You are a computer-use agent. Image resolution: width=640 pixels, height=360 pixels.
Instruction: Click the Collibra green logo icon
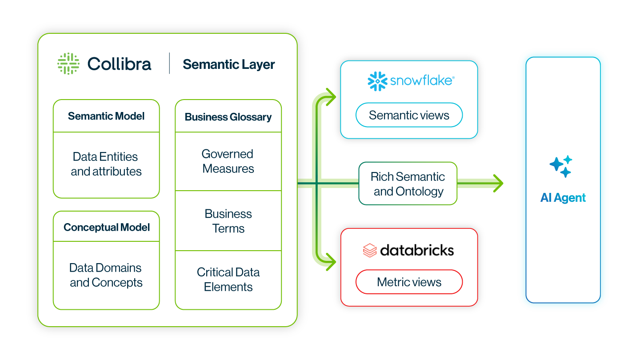coord(68,64)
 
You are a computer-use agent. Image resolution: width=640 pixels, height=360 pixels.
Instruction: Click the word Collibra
coord(119,64)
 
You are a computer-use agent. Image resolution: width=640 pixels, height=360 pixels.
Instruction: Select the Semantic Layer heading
coord(228,64)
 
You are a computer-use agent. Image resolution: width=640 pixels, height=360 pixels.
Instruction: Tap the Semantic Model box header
coord(106,116)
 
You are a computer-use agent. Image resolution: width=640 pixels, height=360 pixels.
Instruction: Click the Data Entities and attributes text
coord(106,164)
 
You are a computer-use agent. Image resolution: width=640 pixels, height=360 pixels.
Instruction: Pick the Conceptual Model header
coord(106,227)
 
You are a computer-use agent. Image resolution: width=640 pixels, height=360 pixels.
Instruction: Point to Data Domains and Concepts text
coord(106,275)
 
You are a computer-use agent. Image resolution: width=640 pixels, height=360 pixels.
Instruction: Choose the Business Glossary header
coord(228,117)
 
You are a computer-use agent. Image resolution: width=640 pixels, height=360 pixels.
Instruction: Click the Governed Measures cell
coord(228,161)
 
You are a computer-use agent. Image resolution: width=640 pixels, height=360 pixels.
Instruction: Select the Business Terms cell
coord(228,221)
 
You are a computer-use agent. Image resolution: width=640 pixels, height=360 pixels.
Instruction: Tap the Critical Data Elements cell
coord(228,280)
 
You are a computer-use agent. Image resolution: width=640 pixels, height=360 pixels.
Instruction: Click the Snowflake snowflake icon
coord(377,81)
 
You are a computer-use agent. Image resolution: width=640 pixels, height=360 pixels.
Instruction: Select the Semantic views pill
coord(409,116)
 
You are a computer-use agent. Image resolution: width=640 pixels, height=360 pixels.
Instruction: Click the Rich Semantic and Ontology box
coord(408,184)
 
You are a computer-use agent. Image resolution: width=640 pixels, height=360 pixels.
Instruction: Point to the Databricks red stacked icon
coord(370,250)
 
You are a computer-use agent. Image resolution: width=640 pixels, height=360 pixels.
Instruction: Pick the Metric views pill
coord(409,282)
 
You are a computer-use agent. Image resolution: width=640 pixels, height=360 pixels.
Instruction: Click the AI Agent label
coord(563,198)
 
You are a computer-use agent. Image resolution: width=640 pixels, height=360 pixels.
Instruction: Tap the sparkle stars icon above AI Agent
coord(561,166)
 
